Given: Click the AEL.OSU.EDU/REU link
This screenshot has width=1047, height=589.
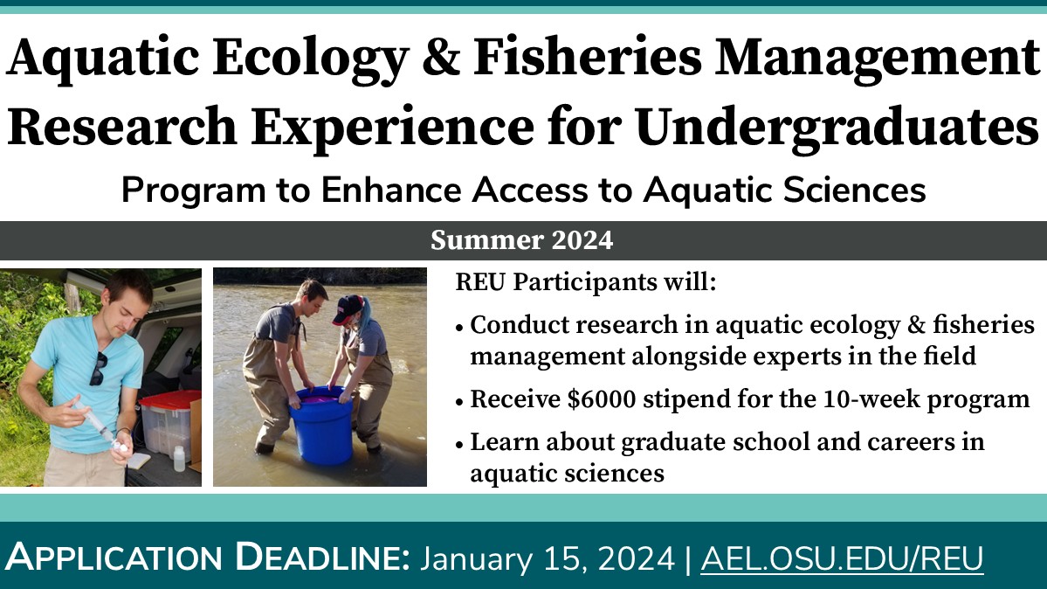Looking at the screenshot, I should [842, 558].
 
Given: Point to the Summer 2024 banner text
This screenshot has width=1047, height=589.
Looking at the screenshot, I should [522, 240].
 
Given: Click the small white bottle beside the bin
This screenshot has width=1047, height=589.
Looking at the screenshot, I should [178, 459].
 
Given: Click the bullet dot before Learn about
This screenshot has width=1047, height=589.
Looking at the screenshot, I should [460, 444].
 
